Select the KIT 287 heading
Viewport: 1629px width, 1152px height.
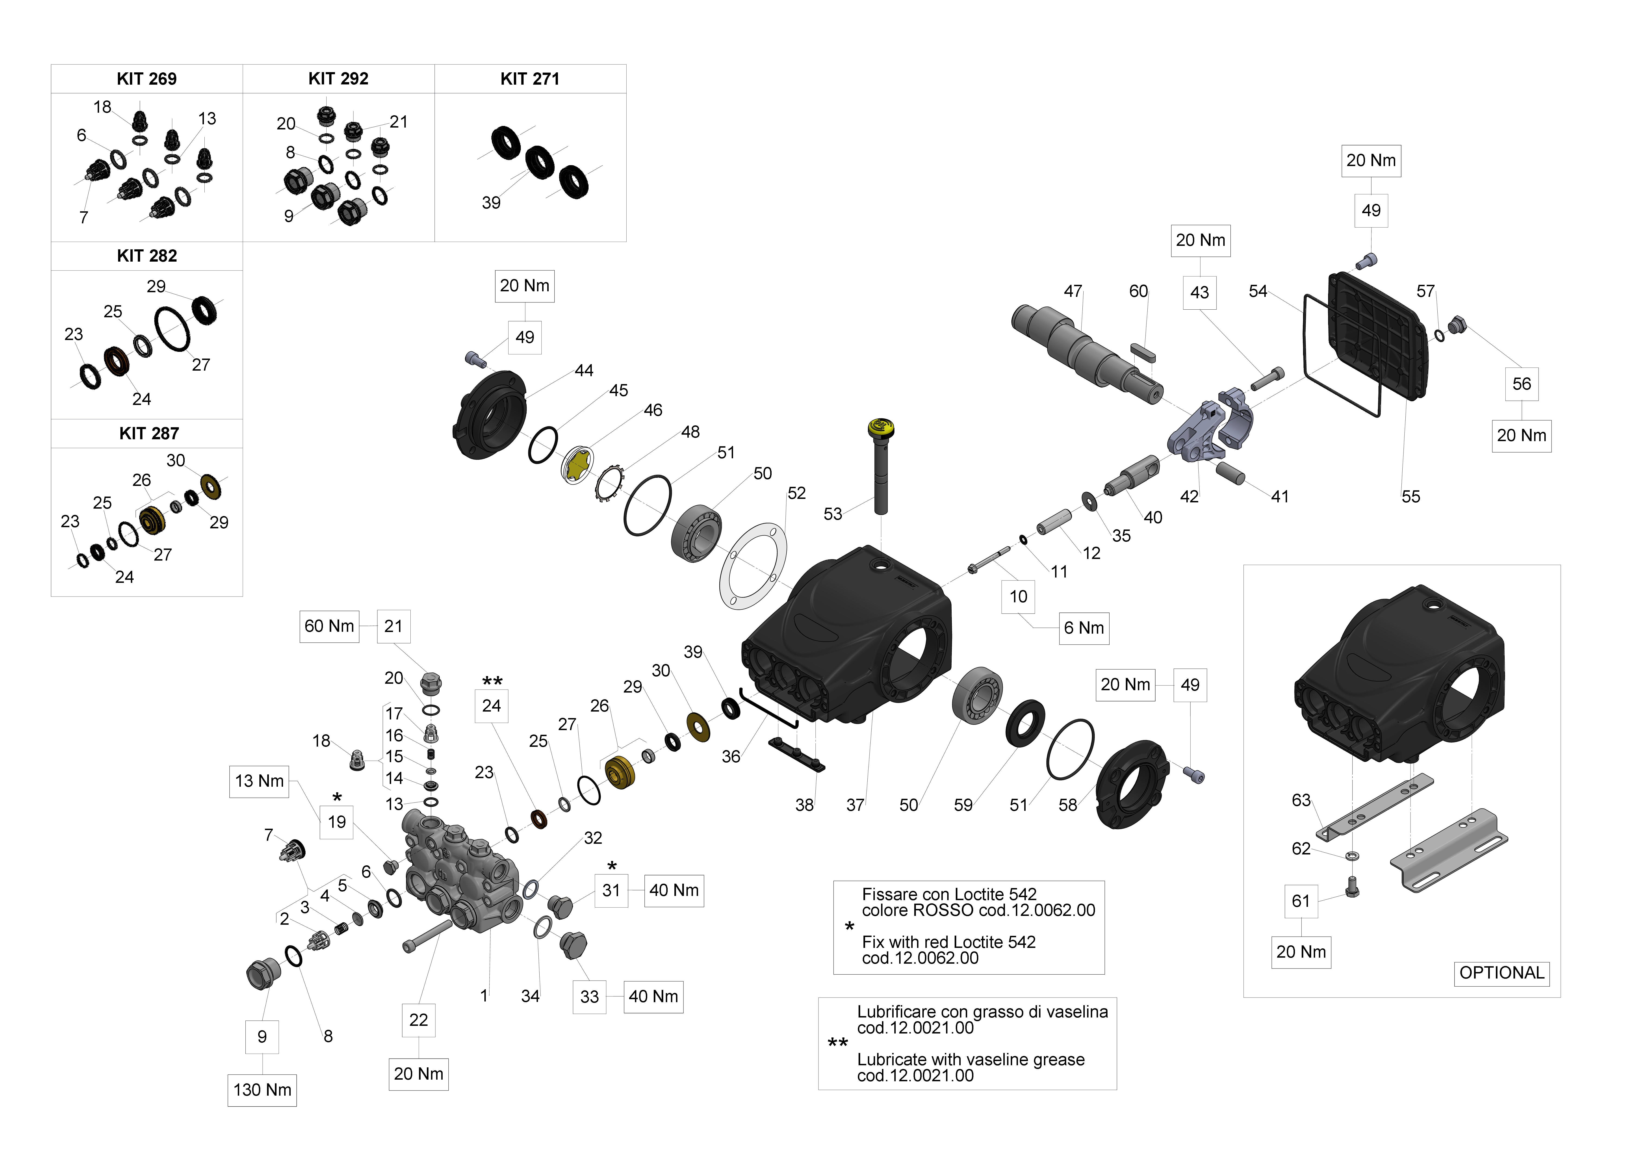pos(148,433)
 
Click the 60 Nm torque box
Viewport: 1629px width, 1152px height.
pos(329,626)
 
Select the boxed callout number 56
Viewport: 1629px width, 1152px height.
pos(1521,384)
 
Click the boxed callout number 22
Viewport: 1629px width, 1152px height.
pos(419,1020)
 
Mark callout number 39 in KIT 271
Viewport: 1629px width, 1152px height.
pos(491,203)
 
